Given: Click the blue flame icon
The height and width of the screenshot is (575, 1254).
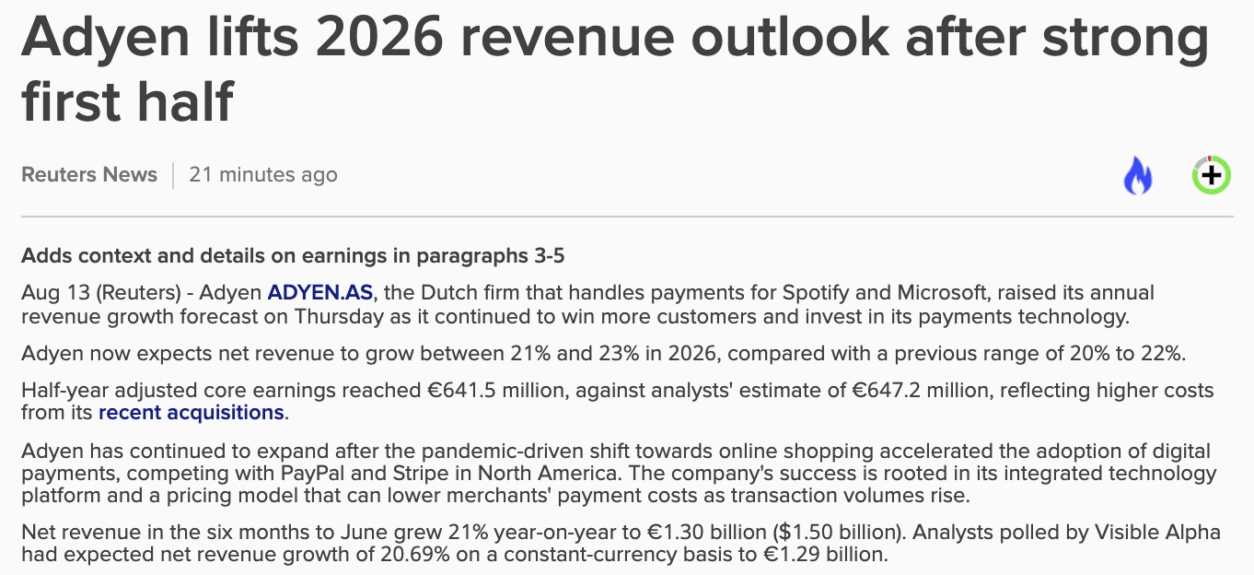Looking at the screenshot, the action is click(x=1138, y=175).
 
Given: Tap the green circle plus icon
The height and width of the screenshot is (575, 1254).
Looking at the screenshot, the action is click(x=1211, y=175).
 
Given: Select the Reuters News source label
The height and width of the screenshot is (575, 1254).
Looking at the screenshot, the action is click(x=89, y=175).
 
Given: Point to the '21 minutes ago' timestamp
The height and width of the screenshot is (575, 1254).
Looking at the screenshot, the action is click(x=263, y=175).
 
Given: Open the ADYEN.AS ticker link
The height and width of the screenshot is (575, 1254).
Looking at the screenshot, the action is click(x=320, y=292).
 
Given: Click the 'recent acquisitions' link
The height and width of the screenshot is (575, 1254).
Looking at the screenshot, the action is click(x=191, y=413).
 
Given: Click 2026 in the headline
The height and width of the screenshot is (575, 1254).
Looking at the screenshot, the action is click(x=379, y=38).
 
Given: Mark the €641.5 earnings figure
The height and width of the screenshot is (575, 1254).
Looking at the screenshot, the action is click(x=462, y=390).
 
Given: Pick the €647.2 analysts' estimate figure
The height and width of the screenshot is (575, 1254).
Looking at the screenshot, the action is click(x=887, y=390).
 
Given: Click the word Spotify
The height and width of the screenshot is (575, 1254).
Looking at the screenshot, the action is click(x=815, y=293).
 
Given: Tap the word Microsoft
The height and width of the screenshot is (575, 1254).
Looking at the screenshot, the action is click(x=942, y=292).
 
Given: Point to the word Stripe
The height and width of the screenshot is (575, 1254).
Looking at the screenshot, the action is click(x=421, y=474).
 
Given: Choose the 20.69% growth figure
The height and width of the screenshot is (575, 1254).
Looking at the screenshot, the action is click(x=415, y=555).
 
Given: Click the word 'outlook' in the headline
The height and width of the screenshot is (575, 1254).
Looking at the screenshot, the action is click(x=790, y=38).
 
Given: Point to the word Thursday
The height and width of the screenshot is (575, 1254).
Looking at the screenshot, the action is click(x=339, y=317).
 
